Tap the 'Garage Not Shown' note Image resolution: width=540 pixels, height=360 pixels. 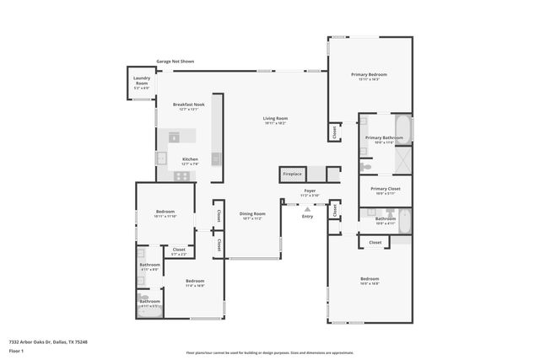(x=175, y=62)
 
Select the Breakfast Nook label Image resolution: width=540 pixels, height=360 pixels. (x=185, y=106)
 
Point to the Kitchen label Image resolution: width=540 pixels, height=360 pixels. (x=190, y=160)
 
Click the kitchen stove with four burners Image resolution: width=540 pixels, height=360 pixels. (x=181, y=175)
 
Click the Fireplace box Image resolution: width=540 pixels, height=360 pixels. (x=292, y=175)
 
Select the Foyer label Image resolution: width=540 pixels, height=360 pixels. (x=310, y=192)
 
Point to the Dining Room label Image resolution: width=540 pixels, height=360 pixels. (x=251, y=215)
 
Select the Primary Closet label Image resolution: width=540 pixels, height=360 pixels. (x=384, y=191)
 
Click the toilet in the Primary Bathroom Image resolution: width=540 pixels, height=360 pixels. (x=366, y=168)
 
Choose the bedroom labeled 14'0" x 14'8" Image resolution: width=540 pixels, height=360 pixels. (x=370, y=281)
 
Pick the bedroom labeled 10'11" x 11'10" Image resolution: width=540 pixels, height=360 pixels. (x=165, y=213)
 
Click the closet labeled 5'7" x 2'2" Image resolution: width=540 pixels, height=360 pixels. (x=179, y=250)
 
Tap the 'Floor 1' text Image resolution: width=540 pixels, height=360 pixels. (x=15, y=350)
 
